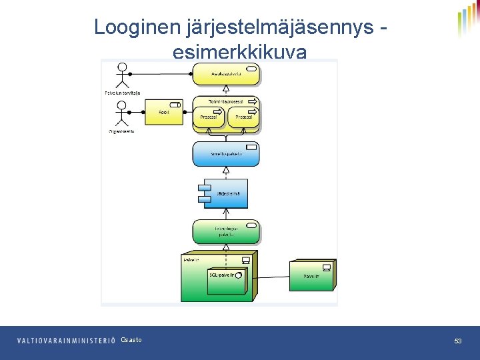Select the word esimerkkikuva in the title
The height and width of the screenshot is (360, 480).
[239, 53]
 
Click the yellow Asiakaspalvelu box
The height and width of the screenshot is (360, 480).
[226, 74]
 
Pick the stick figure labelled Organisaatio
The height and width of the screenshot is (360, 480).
[121, 113]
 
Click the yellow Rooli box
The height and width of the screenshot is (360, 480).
[164, 112]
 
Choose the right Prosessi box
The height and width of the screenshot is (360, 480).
[242, 118]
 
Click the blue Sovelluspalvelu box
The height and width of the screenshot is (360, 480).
[226, 154]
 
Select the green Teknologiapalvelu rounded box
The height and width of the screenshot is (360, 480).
[226, 231]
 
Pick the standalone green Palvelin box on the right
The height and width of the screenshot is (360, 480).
[311, 275]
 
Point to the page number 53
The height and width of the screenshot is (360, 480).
[458, 341]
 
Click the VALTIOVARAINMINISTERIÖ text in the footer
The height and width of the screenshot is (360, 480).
[66, 341]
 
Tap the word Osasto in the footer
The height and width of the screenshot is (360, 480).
[131, 341]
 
